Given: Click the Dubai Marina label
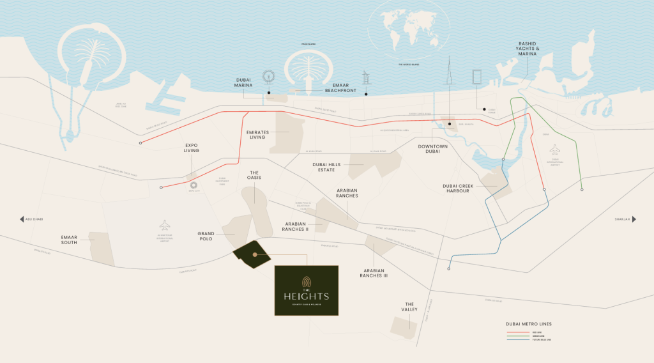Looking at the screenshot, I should point(243,82).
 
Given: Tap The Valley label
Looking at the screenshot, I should point(409,307).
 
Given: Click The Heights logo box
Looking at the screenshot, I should point(307,290).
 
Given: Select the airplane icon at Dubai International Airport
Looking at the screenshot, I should point(554,150).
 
